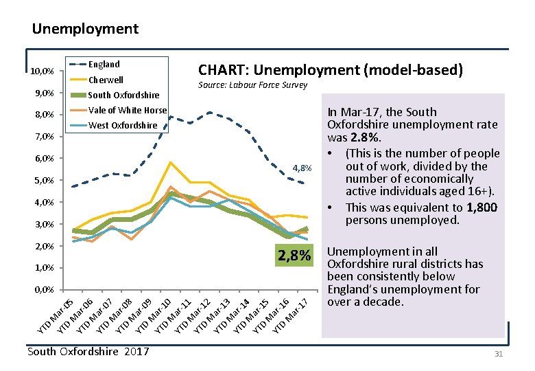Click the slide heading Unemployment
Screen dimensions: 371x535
tap(85, 29)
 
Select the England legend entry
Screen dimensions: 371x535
tap(104, 64)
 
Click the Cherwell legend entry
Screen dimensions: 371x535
tap(106, 80)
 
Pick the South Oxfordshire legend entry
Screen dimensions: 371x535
tap(123, 95)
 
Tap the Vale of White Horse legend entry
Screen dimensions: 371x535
tap(128, 110)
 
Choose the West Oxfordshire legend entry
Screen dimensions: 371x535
tap(123, 125)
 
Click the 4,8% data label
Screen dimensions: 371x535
tap(302, 168)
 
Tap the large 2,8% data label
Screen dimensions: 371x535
tap(294, 256)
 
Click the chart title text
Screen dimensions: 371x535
tap(330, 70)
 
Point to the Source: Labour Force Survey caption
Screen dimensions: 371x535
tap(252, 85)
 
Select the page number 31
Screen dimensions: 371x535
tap(499, 353)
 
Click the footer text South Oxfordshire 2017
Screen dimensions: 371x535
tap(88, 352)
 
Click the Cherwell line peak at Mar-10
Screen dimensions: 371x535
tap(170, 162)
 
